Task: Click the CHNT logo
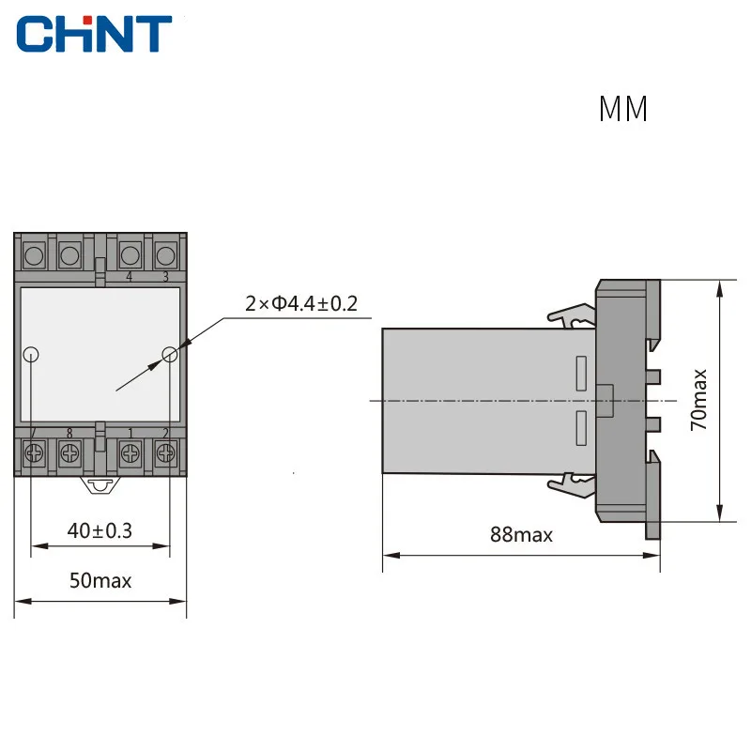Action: click(94, 34)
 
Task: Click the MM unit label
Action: click(623, 109)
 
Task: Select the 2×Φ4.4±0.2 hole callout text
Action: click(301, 303)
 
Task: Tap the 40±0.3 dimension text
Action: click(100, 530)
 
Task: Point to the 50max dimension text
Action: click(100, 580)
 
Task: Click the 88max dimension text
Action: click(521, 534)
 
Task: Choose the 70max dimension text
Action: click(698, 400)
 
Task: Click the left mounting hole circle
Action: click(31, 355)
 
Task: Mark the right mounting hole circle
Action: click(170, 355)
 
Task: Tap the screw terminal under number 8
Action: click(69, 452)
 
